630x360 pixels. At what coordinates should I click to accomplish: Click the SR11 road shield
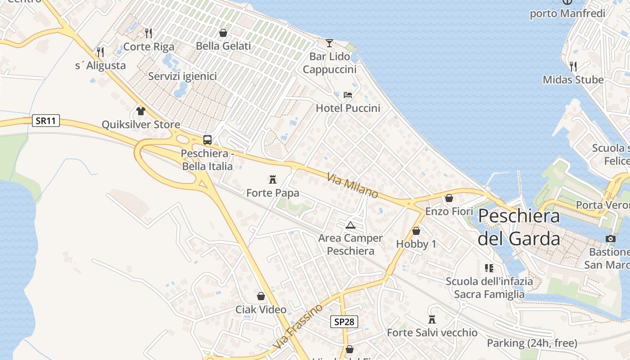[x=46, y=121]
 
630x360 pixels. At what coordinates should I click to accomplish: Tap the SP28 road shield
[x=345, y=322]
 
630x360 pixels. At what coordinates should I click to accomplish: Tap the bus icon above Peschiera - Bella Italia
[x=207, y=139]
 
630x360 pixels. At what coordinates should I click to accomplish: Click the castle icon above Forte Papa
[x=272, y=180]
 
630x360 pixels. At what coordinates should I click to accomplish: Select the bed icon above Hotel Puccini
[x=348, y=94]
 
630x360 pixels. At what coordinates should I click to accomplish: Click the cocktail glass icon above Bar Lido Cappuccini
[x=329, y=43]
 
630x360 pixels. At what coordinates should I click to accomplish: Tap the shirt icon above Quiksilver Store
[x=141, y=111]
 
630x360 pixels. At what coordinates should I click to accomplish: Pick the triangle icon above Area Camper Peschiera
[x=350, y=225]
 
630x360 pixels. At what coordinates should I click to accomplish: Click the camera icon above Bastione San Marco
[x=610, y=238]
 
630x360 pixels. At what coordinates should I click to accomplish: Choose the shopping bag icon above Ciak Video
[x=261, y=296]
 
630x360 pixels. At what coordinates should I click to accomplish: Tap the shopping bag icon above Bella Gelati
[x=223, y=33]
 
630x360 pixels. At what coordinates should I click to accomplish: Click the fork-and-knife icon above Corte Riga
[x=148, y=33]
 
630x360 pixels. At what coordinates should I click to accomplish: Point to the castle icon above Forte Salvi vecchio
[x=432, y=319]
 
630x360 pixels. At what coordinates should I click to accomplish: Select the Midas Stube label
[x=573, y=80]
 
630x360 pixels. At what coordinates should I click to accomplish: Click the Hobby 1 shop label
[x=416, y=244]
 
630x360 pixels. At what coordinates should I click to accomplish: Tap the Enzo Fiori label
[x=449, y=211]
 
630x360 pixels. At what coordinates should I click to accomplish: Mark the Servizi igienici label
[x=182, y=76]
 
